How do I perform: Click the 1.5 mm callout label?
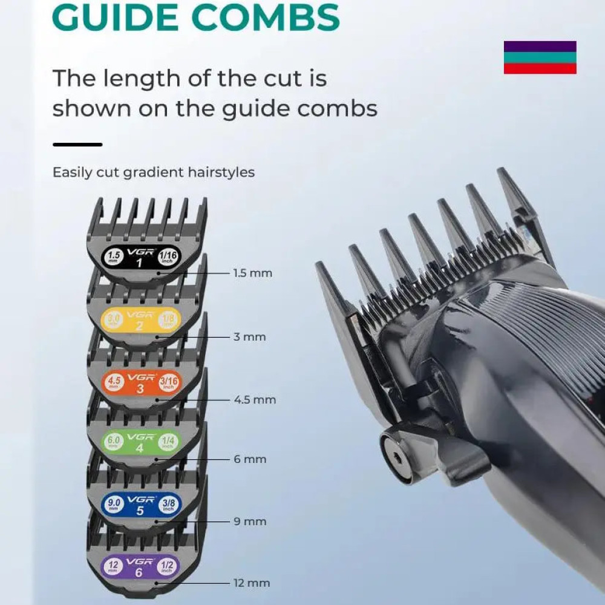(x=252, y=273)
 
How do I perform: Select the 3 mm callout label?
(x=249, y=337)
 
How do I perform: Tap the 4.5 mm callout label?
(x=255, y=400)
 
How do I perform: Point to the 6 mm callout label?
(x=250, y=459)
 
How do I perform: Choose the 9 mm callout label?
(x=250, y=522)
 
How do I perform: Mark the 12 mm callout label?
(x=252, y=583)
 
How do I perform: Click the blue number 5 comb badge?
(x=140, y=503)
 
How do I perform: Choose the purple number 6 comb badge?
(x=139, y=566)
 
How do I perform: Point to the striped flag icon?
(x=540, y=57)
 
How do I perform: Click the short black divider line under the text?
(x=77, y=145)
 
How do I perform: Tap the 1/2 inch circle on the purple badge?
(x=166, y=566)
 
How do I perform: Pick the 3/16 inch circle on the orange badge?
(x=169, y=382)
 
